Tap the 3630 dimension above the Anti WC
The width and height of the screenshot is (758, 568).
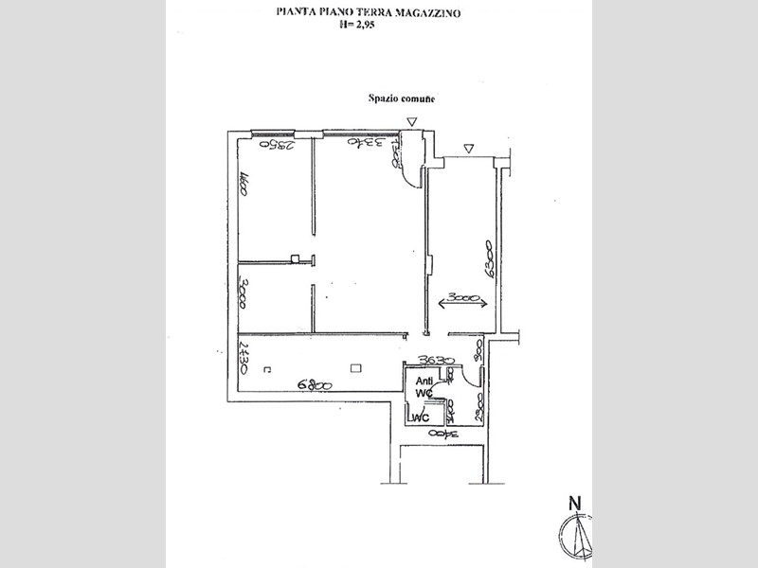click(x=439, y=361)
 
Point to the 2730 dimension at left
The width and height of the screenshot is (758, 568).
click(x=244, y=358)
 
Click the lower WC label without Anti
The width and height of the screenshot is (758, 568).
click(x=422, y=417)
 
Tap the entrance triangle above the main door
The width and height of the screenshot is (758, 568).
click(x=410, y=122)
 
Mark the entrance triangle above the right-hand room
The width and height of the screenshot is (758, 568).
click(x=469, y=148)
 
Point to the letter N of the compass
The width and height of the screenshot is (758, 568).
click(x=574, y=503)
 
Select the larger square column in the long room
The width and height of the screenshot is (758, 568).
click(x=356, y=368)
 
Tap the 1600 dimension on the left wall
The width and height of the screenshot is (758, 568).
click(x=244, y=183)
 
